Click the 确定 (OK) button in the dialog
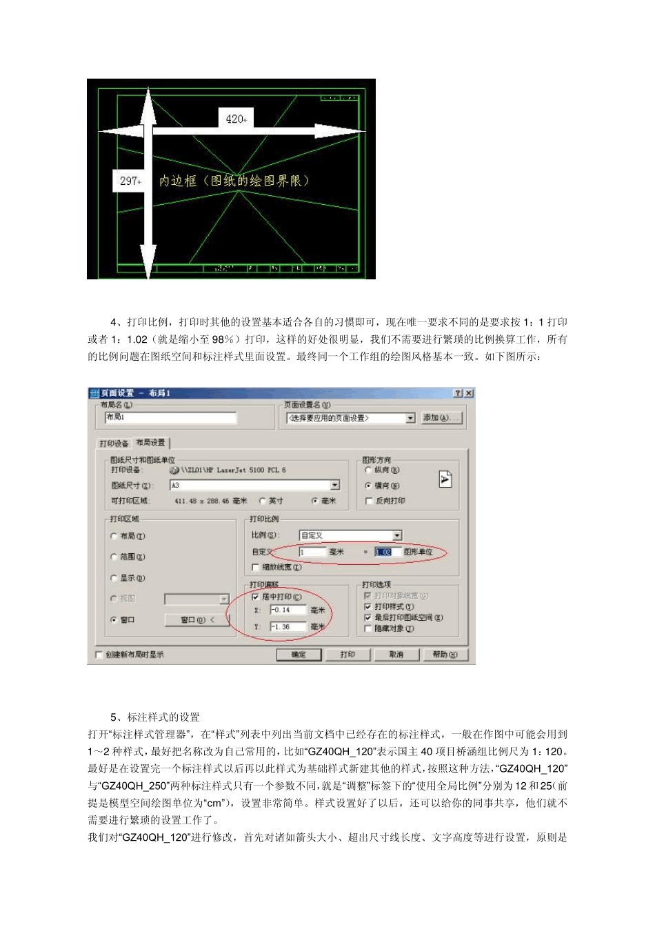pyautogui.click(x=299, y=655)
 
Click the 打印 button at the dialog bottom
pyautogui.click(x=347, y=655)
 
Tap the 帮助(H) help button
pyautogui.click(x=445, y=655)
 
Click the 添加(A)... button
pyautogui.click(x=441, y=418)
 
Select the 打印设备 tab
pyautogui.click(x=114, y=443)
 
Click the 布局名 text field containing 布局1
pyautogui.click(x=170, y=417)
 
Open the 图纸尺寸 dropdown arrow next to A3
pyautogui.click(x=335, y=486)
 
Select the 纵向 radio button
pyautogui.click(x=368, y=470)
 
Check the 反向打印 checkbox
pyautogui.click(x=369, y=501)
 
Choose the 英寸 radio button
pyautogui.click(x=263, y=501)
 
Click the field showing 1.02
pyautogui.click(x=383, y=552)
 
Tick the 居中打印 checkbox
pyautogui.click(x=256, y=597)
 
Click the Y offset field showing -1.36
pyautogui.click(x=288, y=627)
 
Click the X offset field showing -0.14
pyautogui.click(x=288, y=610)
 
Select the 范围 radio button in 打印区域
pyautogui.click(x=114, y=557)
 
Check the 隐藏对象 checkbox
pyautogui.click(x=368, y=628)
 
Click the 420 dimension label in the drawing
pyautogui.click(x=236, y=119)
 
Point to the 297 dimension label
pyautogui.click(x=130, y=181)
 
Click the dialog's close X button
pyautogui.click(x=469, y=393)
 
